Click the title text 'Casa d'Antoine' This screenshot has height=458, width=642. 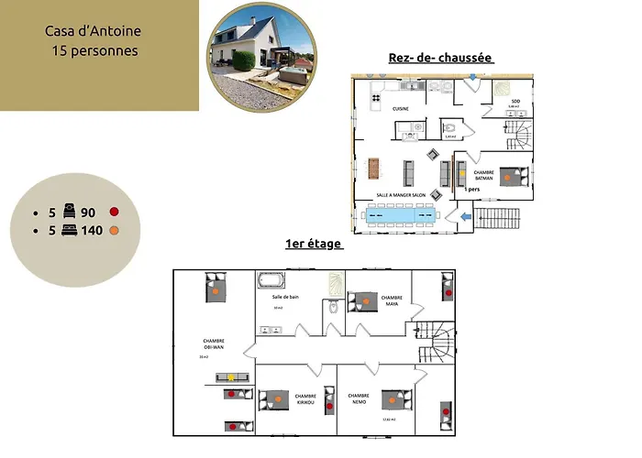93,32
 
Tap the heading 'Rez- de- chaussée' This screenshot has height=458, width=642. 441,59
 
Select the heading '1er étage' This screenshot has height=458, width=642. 314,244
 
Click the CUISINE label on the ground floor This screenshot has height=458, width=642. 401,108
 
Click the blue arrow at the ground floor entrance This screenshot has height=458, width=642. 466,216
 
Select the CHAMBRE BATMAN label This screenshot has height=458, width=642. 484,175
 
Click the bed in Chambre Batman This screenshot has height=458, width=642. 512,176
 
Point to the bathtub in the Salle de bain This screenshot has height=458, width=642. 271,280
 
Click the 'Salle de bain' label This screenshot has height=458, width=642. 285,297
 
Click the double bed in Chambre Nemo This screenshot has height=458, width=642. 396,398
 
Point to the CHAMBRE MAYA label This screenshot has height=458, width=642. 392,300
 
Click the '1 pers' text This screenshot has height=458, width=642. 471,189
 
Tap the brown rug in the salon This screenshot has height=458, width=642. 373,169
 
